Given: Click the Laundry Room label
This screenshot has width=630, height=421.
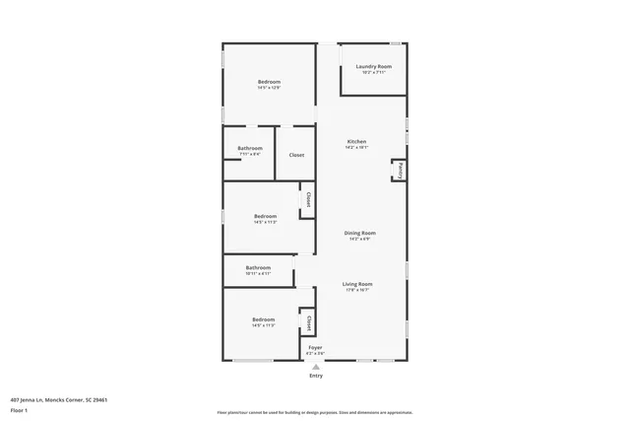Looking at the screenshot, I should [373, 66].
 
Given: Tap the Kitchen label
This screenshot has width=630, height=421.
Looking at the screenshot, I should [356, 142].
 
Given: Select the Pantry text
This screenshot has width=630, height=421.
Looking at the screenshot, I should [399, 171].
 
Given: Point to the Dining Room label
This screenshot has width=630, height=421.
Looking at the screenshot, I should [359, 233].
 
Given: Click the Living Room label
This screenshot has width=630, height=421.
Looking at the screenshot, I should [357, 284].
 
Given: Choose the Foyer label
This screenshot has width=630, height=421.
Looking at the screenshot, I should [315, 347].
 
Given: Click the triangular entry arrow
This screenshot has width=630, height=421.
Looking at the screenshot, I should [315, 366].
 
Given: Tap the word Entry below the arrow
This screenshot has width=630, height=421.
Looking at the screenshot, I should [315, 376].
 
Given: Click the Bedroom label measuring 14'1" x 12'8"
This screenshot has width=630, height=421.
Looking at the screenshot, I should [269, 81].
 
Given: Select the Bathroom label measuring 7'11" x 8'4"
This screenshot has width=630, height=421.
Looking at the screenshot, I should [250, 148].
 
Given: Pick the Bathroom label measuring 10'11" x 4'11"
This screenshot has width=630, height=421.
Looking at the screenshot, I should [258, 267].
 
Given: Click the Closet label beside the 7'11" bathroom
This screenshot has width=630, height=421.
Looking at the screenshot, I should [295, 155].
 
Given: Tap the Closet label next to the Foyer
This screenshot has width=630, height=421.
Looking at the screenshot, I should [308, 322].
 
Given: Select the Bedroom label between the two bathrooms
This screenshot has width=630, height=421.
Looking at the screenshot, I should [265, 216].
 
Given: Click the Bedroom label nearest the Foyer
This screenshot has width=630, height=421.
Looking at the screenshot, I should [263, 319].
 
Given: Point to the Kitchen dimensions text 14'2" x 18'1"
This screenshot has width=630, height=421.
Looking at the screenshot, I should [356, 148].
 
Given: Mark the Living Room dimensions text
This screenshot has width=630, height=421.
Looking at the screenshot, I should [357, 290].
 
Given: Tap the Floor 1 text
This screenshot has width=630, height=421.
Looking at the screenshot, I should [19, 409].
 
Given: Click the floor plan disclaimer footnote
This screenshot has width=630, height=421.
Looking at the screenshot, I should [314, 412].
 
